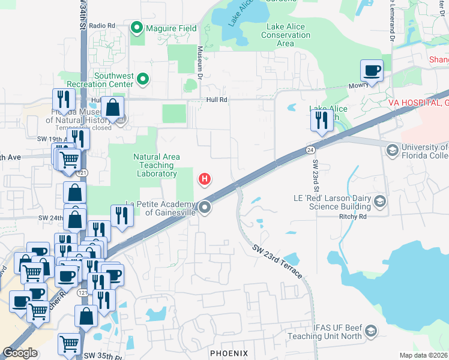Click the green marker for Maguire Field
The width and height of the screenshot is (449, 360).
click(x=137, y=28)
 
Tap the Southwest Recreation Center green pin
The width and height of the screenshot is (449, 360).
click(x=143, y=79)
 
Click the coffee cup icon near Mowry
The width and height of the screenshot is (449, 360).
click(x=372, y=71)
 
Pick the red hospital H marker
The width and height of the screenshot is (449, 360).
click(x=205, y=178)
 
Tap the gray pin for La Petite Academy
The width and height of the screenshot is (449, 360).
click(x=205, y=208)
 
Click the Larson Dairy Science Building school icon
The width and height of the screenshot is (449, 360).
click(x=379, y=201)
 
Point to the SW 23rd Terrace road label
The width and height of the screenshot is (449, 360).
click(x=277, y=262)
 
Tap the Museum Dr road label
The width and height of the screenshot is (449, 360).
click(x=200, y=62)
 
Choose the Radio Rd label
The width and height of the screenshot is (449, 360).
click(x=101, y=25)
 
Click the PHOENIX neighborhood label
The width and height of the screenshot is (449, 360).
click(x=229, y=353)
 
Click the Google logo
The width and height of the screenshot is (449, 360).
click(x=20, y=353)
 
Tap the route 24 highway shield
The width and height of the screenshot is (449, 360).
click(x=310, y=149)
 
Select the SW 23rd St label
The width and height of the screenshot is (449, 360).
click(x=315, y=172)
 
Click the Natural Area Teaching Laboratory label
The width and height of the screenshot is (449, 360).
click(x=156, y=165)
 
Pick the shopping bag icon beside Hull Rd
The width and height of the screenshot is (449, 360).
click(x=112, y=109)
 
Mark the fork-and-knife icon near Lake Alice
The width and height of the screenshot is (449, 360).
click(x=322, y=120)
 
